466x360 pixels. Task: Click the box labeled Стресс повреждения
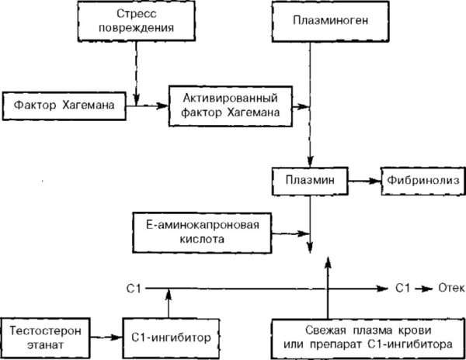tap(137, 20)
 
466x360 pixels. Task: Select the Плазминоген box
tap(330, 21)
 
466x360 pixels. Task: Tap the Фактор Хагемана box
tap(64, 106)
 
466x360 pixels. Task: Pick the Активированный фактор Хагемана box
tap(231, 106)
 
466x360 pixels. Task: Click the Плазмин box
tap(310, 181)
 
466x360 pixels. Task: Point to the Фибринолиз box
tap(423, 181)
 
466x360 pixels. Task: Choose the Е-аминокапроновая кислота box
tap(202, 233)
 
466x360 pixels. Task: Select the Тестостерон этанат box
tap(45, 338)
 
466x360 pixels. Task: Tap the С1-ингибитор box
tap(171, 338)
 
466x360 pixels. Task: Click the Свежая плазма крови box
tap(368, 338)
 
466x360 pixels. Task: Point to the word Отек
tap(451, 288)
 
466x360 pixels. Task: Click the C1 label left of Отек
tap(402, 288)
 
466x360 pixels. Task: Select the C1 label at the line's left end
tap(134, 289)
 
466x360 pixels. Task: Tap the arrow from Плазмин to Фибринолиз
tap(365, 181)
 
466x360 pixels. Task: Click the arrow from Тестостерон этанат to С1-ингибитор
tap(106, 337)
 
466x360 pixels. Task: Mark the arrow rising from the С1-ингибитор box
tap(169, 303)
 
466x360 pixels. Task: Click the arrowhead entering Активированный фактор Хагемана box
tap(162, 106)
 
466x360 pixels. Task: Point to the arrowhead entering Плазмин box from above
tap(310, 161)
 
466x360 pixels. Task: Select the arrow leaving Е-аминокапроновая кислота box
tap(291, 234)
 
